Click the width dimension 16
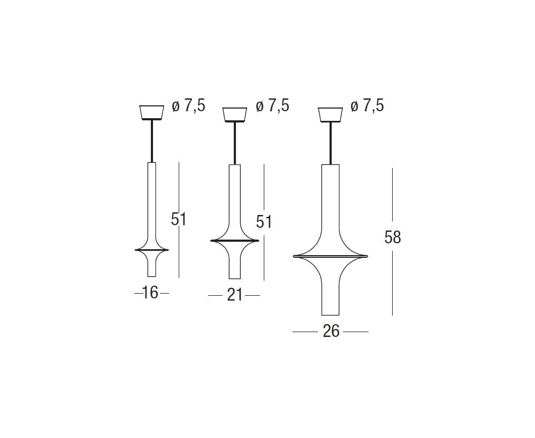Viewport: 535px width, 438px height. tap(150, 293)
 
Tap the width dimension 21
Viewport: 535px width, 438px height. tap(235, 295)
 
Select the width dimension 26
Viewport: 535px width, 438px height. tap(331, 331)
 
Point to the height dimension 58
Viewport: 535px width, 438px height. tap(392, 237)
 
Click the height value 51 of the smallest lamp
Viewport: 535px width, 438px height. tap(179, 219)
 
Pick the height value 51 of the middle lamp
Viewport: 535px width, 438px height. tap(264, 222)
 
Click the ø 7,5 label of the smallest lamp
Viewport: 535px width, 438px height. tap(188, 106)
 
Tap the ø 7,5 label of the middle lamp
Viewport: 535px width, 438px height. tap(273, 106)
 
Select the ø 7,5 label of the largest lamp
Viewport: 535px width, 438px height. tap(367, 106)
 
